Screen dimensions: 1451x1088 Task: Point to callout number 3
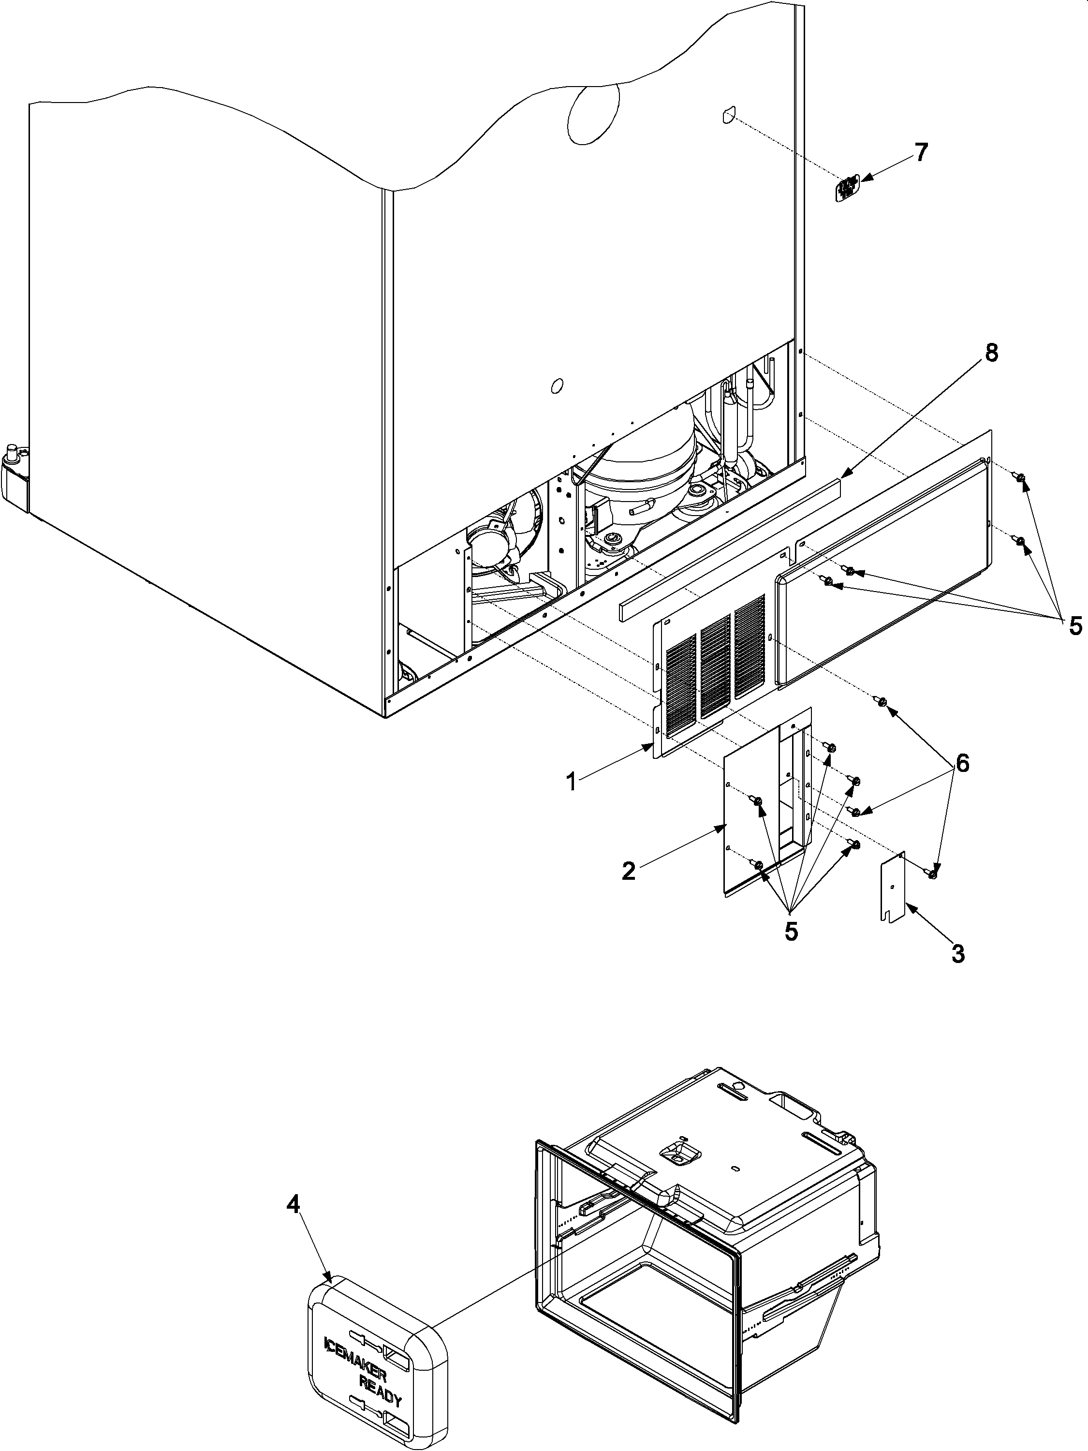[x=957, y=953]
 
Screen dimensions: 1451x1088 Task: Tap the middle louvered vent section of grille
[x=715, y=665]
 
